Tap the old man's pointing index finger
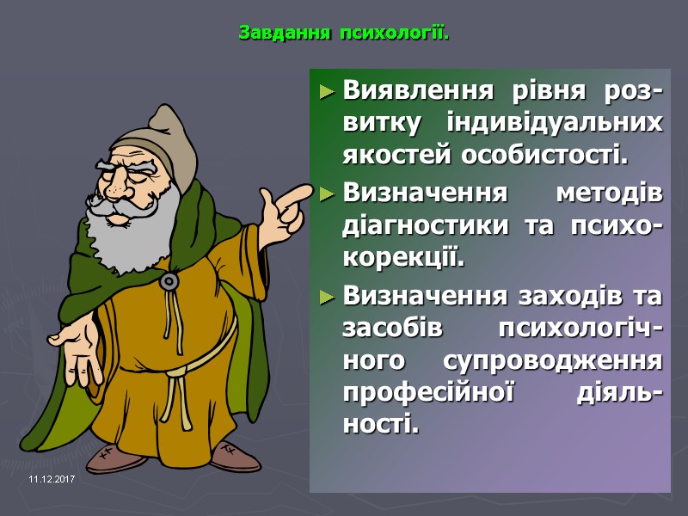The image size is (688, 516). click(297, 190)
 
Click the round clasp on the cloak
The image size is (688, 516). click(169, 280)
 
